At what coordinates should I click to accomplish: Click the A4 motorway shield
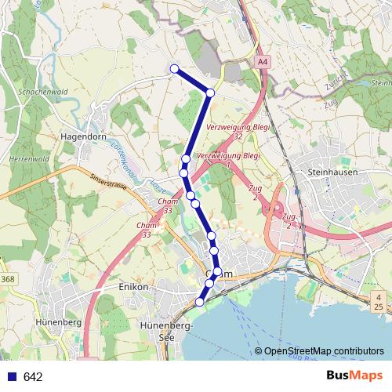point(262,61)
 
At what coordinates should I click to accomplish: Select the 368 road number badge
point(8,280)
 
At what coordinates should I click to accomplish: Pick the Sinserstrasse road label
point(107,183)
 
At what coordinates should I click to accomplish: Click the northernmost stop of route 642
point(174,69)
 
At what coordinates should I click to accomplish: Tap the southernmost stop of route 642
point(199,302)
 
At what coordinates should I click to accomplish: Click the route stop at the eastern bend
point(210,93)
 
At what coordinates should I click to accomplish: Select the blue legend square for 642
point(9,377)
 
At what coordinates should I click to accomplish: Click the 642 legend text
point(33,377)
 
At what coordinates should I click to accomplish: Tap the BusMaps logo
point(355,376)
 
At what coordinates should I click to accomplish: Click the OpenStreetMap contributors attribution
point(324,351)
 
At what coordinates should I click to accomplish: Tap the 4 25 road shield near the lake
point(379,301)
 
